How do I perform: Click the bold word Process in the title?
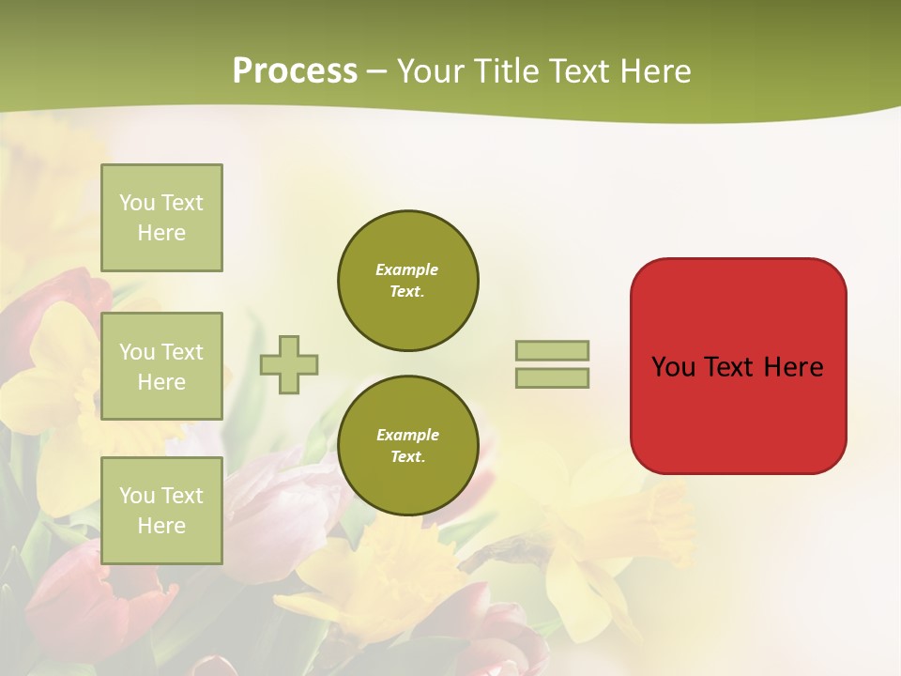(295, 71)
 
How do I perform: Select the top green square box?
(161, 218)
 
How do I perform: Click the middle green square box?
(161, 366)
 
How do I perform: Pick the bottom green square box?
(161, 511)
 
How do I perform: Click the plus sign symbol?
(289, 364)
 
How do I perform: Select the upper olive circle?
(407, 281)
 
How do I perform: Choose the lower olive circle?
(407, 446)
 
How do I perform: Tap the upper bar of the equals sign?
(552, 350)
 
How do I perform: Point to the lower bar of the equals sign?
(552, 378)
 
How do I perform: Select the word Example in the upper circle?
(406, 269)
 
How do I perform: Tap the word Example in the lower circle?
(406, 435)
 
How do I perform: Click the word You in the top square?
(137, 203)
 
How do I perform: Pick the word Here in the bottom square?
(161, 526)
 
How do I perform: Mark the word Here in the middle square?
(161, 382)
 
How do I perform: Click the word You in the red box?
(673, 367)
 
